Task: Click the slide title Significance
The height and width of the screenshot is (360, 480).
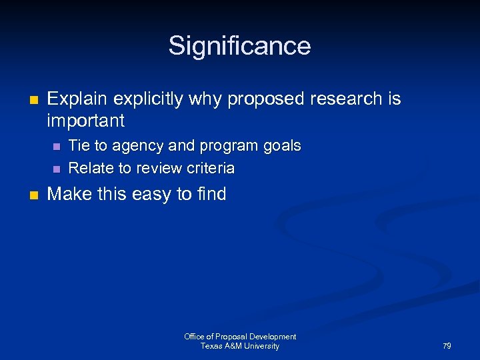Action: click(x=239, y=46)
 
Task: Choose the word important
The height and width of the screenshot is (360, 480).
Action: click(x=85, y=121)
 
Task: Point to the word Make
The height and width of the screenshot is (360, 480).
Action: click(x=67, y=194)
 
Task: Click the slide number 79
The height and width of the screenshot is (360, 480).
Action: click(x=447, y=346)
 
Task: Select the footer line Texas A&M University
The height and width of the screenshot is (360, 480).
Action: click(x=240, y=346)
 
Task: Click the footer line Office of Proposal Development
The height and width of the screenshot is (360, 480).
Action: click(x=240, y=337)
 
